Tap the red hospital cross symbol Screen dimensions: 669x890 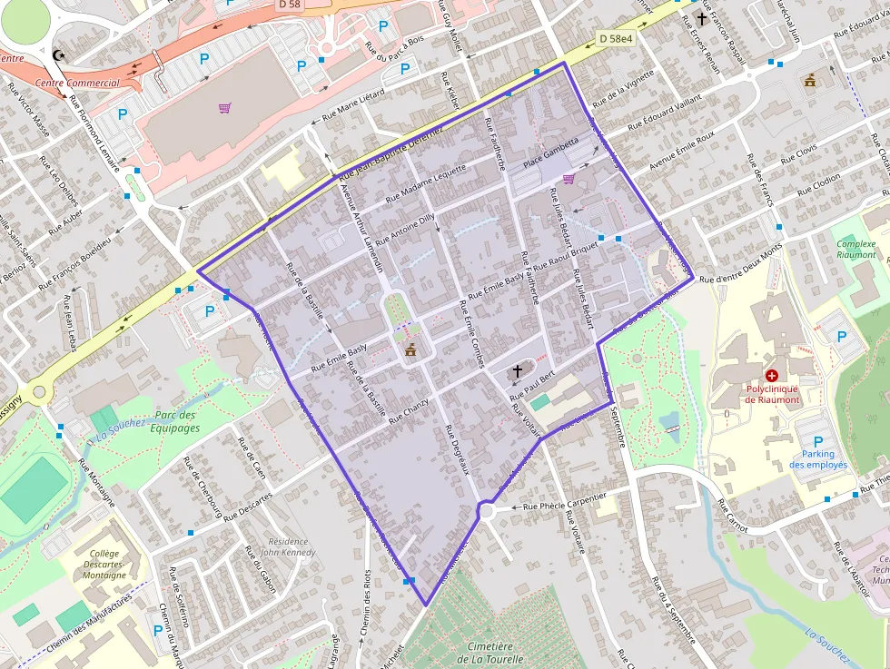pyautogui.click(x=771, y=375)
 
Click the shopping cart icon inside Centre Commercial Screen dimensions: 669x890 pyautogui.click(x=224, y=108)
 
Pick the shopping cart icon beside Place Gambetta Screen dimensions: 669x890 pyautogui.click(x=569, y=179)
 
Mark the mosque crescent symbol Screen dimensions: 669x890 pyautogui.click(x=60, y=55)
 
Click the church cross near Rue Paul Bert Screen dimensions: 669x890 pyautogui.click(x=518, y=370)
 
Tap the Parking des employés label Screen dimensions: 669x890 pyautogui.click(x=817, y=459)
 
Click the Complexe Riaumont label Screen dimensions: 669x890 pyautogui.click(x=855, y=250)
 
